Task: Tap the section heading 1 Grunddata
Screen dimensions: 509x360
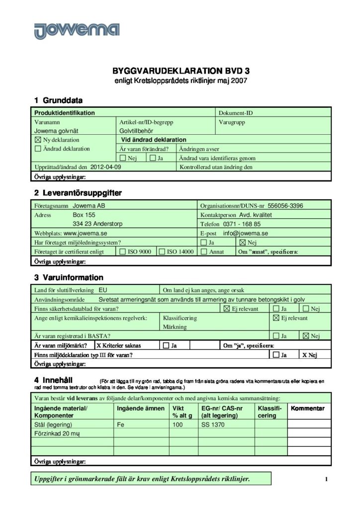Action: [x=58, y=100]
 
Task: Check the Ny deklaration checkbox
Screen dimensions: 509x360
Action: [x=38, y=140]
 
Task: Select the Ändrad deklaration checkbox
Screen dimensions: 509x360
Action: [x=38, y=149]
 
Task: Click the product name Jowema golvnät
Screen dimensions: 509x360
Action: [x=56, y=131]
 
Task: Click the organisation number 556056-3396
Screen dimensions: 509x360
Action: [x=285, y=206]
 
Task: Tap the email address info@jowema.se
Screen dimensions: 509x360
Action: [x=246, y=233]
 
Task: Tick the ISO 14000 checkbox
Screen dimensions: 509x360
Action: [x=162, y=252]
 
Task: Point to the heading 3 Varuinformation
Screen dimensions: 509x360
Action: [x=69, y=277]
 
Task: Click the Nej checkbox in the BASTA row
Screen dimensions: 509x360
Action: [x=306, y=337]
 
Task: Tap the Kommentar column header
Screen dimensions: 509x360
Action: [x=308, y=408]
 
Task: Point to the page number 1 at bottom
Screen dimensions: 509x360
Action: [x=326, y=479]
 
